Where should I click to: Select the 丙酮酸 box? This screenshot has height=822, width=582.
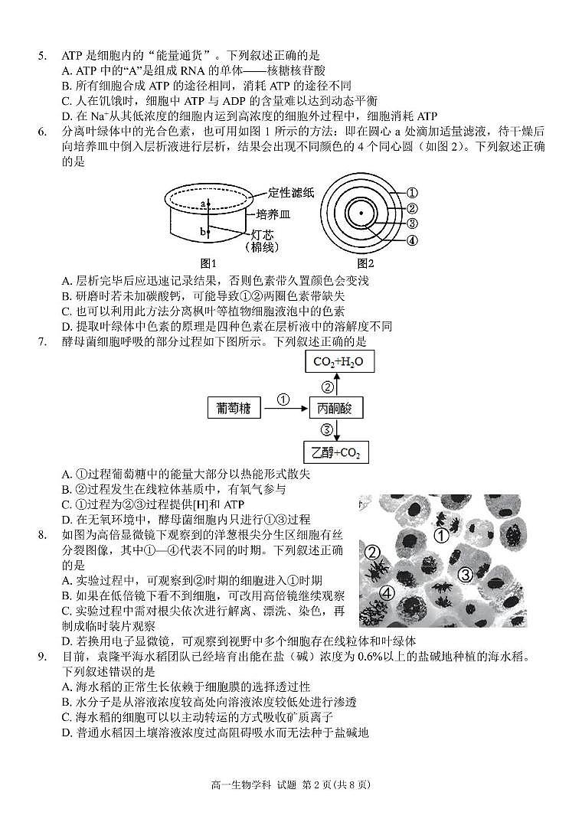point(335,408)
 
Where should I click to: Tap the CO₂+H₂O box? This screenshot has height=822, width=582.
point(338,362)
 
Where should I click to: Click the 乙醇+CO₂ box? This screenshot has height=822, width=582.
point(335,452)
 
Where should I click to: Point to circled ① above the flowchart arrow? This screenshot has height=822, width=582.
point(283,400)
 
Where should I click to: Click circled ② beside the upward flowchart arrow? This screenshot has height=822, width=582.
point(326,386)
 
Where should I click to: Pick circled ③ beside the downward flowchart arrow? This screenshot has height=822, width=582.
point(326,429)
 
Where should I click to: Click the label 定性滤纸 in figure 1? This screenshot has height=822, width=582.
point(291,193)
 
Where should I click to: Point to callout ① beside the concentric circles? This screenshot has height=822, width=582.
point(411,193)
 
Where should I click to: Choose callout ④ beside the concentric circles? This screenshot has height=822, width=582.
point(411,240)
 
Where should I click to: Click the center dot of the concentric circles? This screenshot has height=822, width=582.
point(358,213)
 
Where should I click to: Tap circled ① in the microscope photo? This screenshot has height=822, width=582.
point(441,535)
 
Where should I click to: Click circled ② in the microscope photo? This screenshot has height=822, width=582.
point(373,553)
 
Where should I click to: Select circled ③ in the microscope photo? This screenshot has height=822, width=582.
point(465,575)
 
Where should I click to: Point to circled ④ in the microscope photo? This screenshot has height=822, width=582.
point(387,593)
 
